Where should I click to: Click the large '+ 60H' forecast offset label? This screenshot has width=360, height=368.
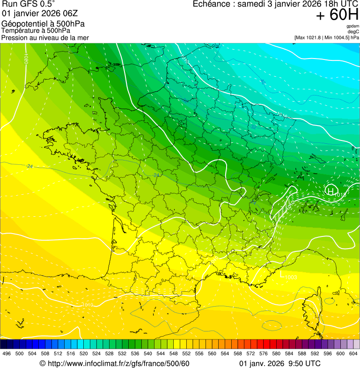(337, 15)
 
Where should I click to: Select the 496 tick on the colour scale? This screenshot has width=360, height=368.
(7, 353)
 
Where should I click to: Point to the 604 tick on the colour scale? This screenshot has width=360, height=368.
(353, 353)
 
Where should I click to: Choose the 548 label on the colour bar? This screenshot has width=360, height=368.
(173, 353)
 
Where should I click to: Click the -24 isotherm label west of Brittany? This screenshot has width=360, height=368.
(29, 166)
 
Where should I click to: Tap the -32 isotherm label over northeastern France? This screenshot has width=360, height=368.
(253, 127)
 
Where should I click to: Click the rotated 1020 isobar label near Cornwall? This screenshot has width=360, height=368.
(27, 59)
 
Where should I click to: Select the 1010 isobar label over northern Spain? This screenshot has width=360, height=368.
(87, 305)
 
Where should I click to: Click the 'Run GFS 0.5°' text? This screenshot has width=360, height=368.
(28, 4)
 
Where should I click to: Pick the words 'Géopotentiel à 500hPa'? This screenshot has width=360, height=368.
(43, 24)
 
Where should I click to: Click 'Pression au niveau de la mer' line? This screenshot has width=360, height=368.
(45, 37)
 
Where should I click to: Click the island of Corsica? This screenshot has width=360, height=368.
(311, 310)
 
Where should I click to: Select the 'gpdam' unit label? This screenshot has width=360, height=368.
(353, 26)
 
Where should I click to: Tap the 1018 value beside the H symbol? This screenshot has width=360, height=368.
(340, 194)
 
